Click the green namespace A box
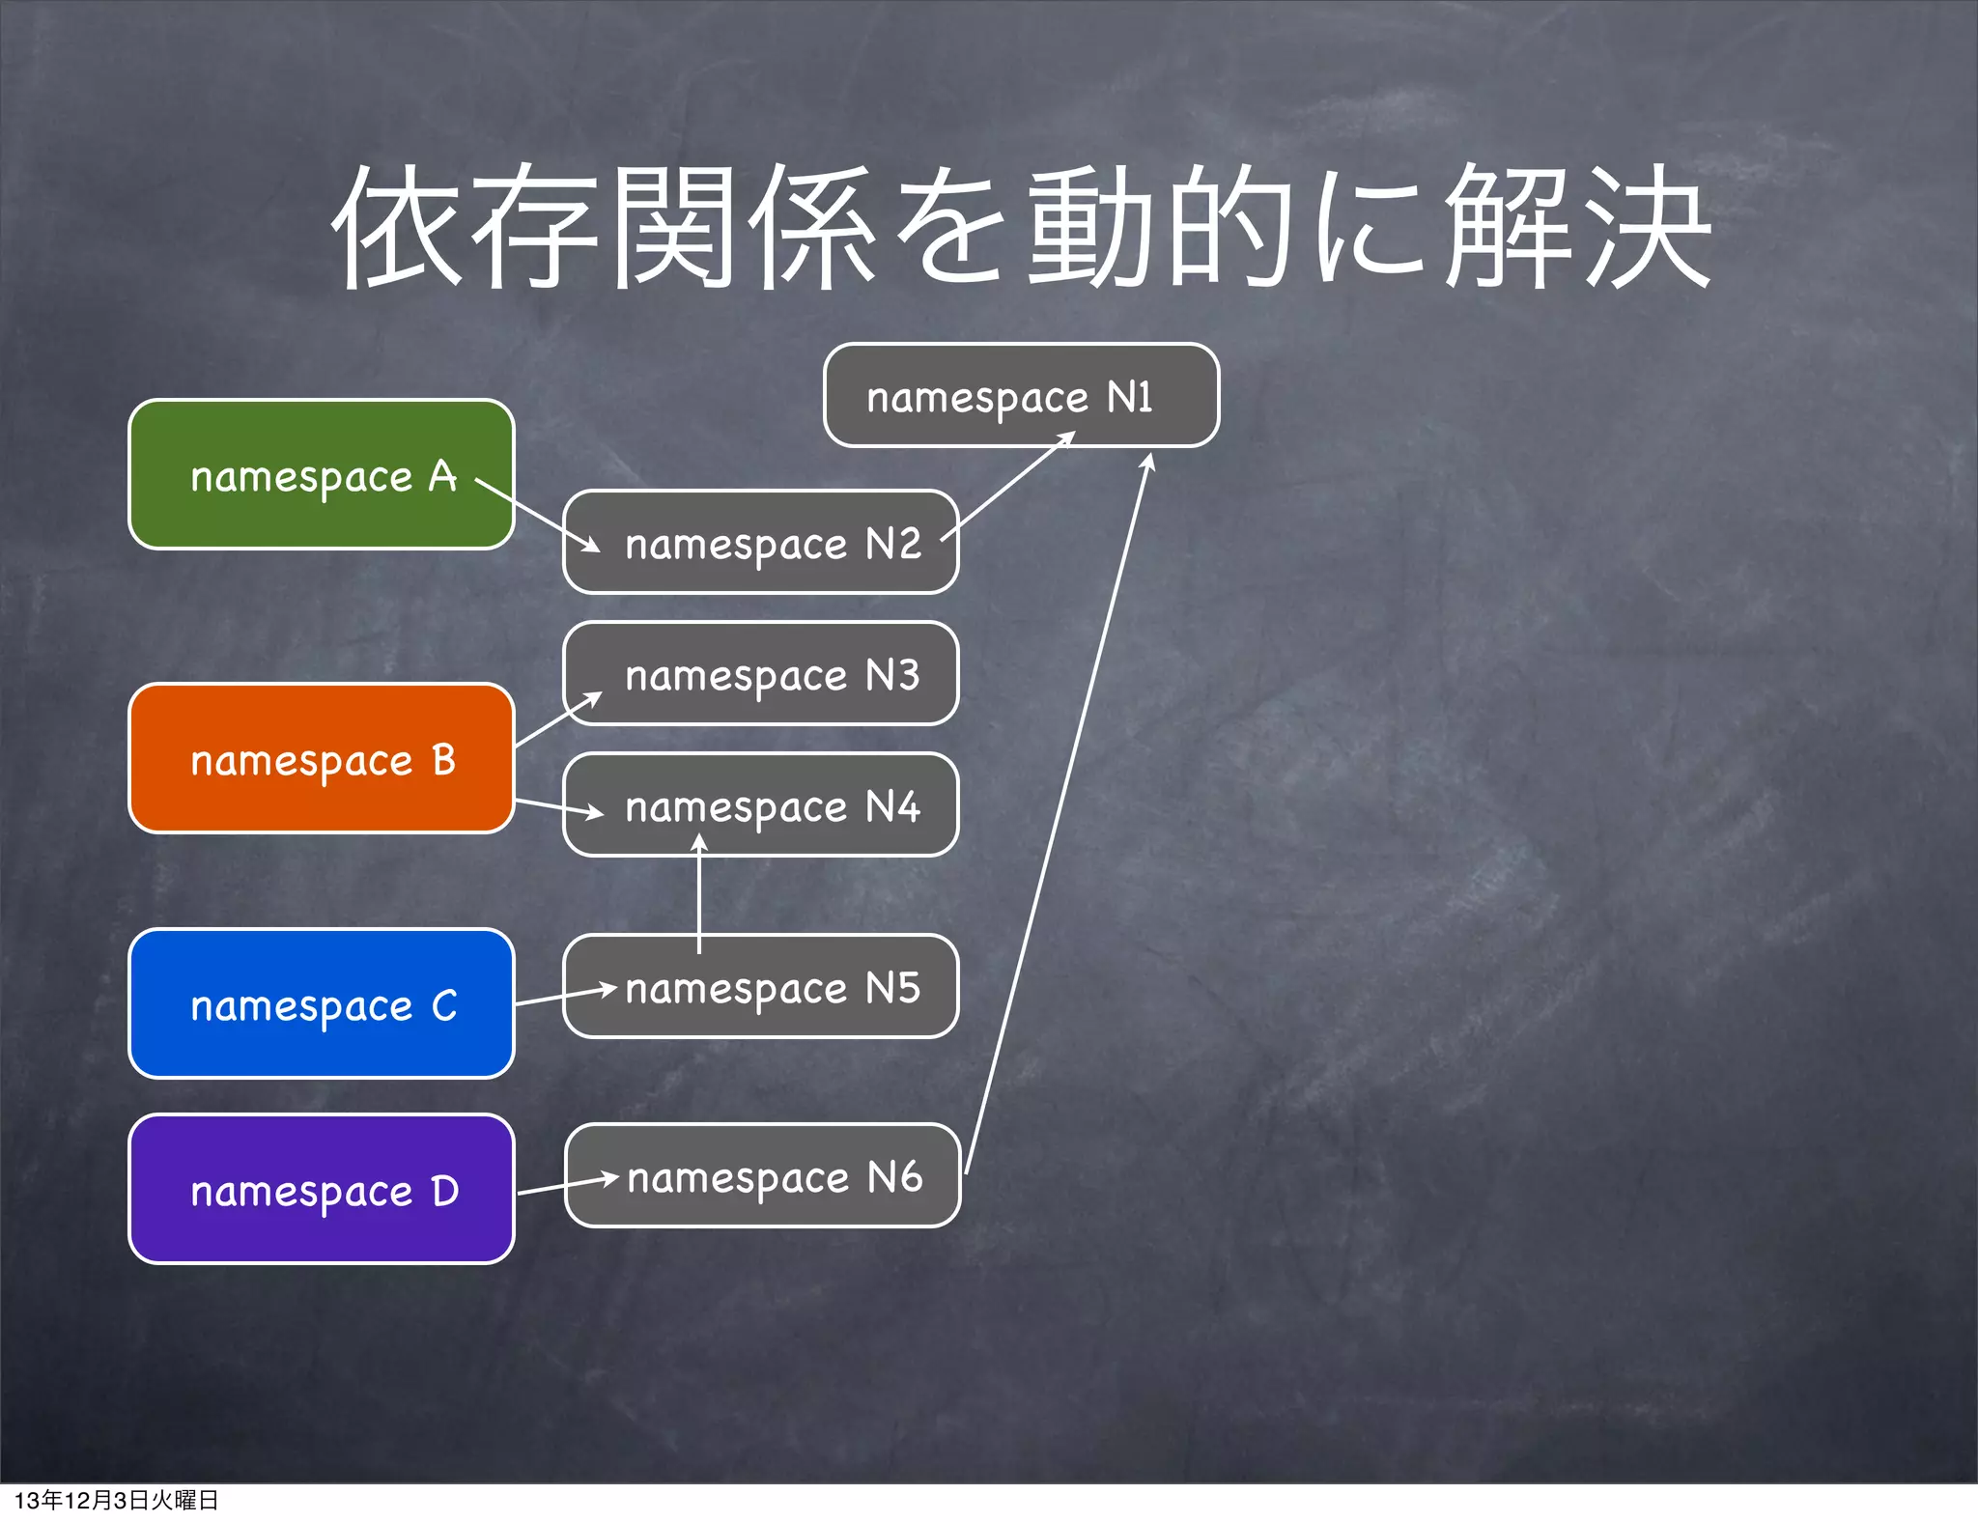click(321, 474)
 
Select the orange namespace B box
click(321, 758)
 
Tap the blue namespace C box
click(321, 1003)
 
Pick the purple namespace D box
click(321, 1189)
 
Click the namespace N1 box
click(1021, 396)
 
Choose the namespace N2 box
click(760, 543)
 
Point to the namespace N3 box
click(760, 674)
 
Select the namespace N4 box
click(760, 805)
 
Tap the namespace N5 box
click(760, 987)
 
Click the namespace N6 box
click(762, 1176)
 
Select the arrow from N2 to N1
click(1008, 486)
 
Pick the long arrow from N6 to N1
click(1058, 811)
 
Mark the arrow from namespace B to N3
click(558, 719)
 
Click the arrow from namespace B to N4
click(558, 808)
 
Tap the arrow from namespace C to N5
click(565, 996)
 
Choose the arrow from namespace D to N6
click(568, 1185)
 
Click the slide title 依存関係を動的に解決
click(1021, 227)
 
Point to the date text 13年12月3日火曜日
click(117, 1500)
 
